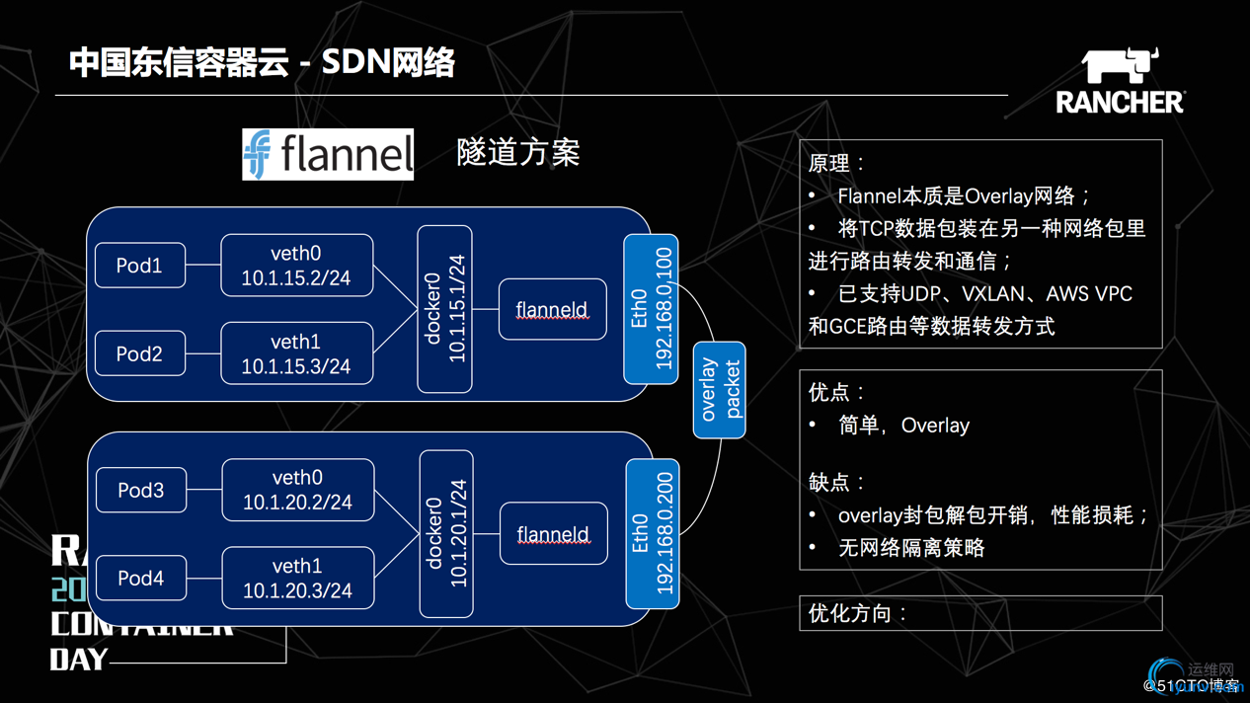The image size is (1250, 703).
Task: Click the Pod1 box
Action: [140, 266]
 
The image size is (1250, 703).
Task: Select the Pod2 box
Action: [140, 353]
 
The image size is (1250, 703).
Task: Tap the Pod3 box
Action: [141, 490]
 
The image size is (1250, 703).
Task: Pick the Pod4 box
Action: [141, 578]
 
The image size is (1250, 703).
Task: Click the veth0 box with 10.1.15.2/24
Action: [297, 266]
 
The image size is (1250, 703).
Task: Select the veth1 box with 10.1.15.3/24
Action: [297, 353]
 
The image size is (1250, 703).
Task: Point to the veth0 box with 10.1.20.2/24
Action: [298, 490]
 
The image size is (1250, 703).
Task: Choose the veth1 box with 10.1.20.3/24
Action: [298, 578]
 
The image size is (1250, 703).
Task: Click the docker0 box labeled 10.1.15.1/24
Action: [444, 309]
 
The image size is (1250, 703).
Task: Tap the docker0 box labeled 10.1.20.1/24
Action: [446, 534]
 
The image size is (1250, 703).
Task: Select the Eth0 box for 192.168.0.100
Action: [651, 309]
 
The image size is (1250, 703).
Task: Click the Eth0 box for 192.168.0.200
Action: [653, 534]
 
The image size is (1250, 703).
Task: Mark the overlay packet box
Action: [720, 390]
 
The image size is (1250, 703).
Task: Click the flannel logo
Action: [328, 154]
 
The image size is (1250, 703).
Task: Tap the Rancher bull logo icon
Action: [1120, 65]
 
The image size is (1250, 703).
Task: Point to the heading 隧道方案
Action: [518, 153]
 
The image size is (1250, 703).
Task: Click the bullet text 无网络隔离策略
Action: [911, 548]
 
